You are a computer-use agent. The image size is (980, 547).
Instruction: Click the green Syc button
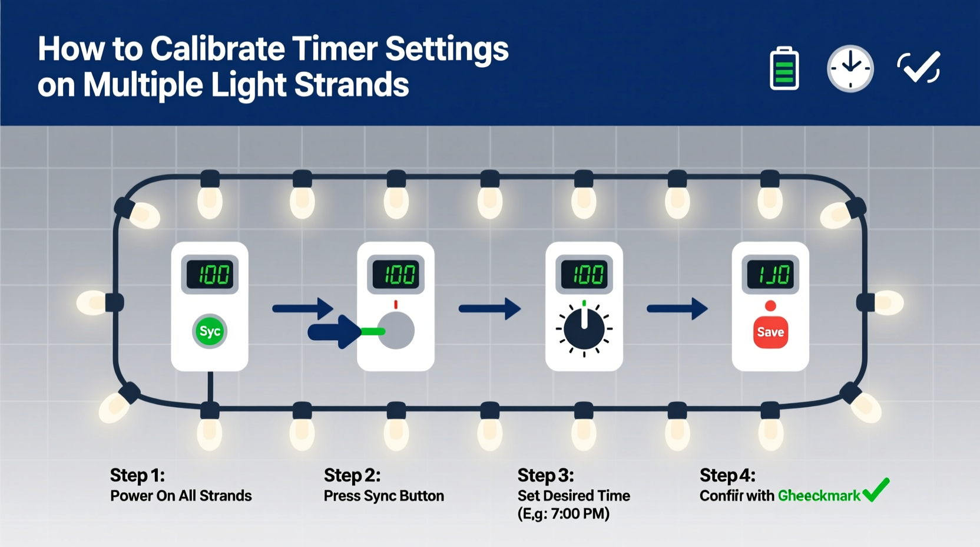(x=210, y=331)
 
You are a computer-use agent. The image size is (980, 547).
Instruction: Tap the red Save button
(x=770, y=332)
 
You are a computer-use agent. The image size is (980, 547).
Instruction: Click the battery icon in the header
(x=784, y=68)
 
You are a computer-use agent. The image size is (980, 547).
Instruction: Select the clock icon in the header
(x=850, y=68)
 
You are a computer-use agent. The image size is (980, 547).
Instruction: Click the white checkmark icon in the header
(x=919, y=67)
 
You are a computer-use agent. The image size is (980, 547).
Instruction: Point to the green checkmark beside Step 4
(x=876, y=489)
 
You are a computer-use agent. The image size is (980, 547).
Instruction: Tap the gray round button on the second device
(x=396, y=331)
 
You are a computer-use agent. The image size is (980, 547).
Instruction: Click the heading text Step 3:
(x=545, y=475)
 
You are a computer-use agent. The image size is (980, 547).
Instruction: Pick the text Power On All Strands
(x=181, y=496)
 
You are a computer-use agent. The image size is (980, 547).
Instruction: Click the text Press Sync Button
(x=384, y=496)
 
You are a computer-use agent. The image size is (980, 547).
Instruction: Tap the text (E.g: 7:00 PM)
(x=563, y=514)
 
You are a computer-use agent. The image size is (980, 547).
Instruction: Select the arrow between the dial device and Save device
(x=677, y=308)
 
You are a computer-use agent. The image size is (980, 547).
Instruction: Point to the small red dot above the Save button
(x=770, y=305)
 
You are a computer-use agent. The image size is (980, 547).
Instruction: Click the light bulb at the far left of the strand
(x=91, y=302)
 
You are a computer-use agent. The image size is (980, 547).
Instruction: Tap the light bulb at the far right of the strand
(x=889, y=302)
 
